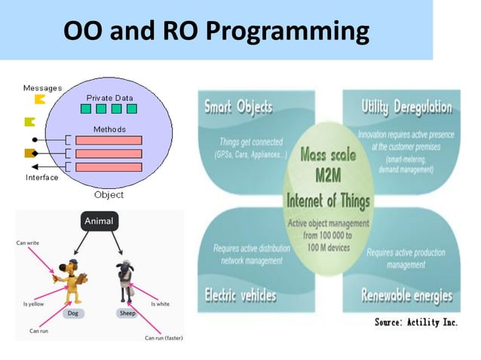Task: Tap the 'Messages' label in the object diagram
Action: tap(42, 88)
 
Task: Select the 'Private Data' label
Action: tap(110, 97)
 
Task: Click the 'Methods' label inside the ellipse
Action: tap(109, 130)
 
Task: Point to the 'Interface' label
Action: tap(41, 178)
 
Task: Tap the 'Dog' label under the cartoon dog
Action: tap(73, 312)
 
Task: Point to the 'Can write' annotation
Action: tap(29, 243)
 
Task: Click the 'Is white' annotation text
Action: tap(160, 304)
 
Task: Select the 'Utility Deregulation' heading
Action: tap(406, 108)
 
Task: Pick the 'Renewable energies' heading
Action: tap(406, 295)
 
